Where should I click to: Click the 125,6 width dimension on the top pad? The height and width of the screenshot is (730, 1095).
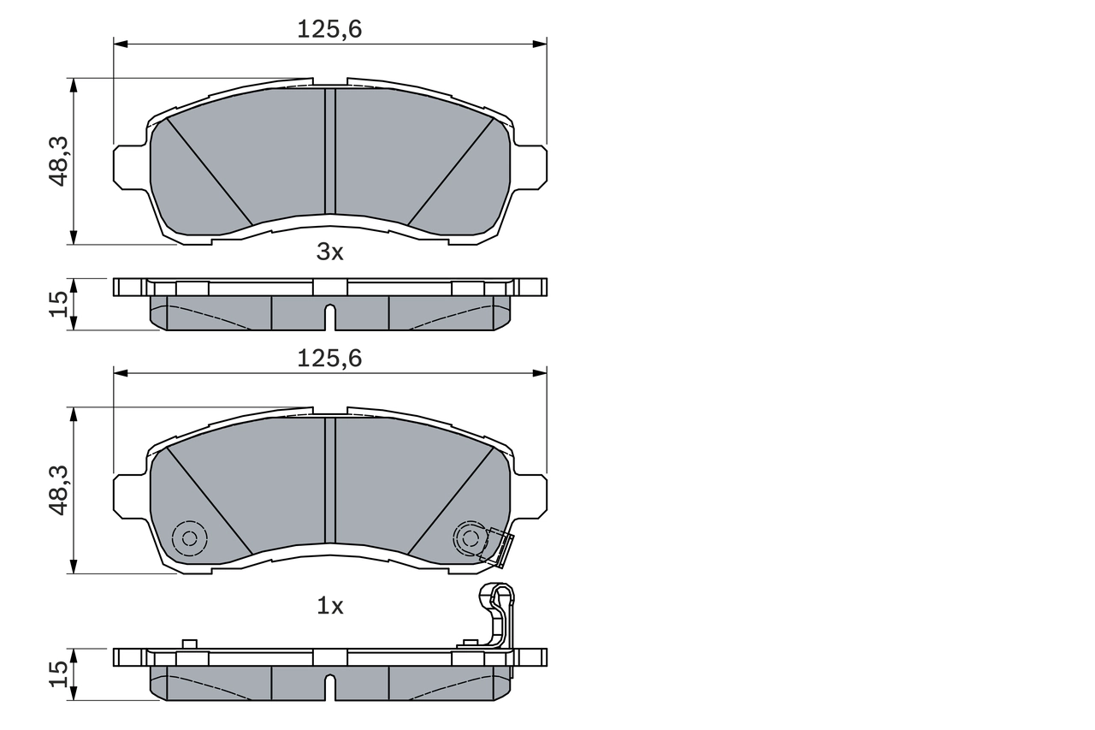coord(329,29)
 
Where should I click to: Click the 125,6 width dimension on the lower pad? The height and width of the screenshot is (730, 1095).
coord(329,359)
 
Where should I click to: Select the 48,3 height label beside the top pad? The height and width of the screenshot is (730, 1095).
coord(58,161)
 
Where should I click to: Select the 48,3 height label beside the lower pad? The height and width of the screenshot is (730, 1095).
coord(58,490)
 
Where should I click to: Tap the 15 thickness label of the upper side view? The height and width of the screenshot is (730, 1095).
coord(58,304)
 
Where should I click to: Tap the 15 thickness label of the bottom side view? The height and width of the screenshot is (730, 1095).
coord(58,674)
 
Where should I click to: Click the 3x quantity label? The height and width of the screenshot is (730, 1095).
coord(329,252)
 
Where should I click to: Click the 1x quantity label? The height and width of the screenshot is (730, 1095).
coord(329,606)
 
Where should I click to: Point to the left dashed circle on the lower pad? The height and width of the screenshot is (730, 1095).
coord(189,538)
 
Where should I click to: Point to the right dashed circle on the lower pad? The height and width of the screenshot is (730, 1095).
coord(469,537)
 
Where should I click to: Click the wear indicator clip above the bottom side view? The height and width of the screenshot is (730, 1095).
coord(500,613)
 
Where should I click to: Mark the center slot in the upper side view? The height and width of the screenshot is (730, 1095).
coord(330,316)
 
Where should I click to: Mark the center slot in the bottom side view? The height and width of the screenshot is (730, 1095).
coord(330,685)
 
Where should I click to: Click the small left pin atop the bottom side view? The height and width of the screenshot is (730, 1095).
coord(190,644)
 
